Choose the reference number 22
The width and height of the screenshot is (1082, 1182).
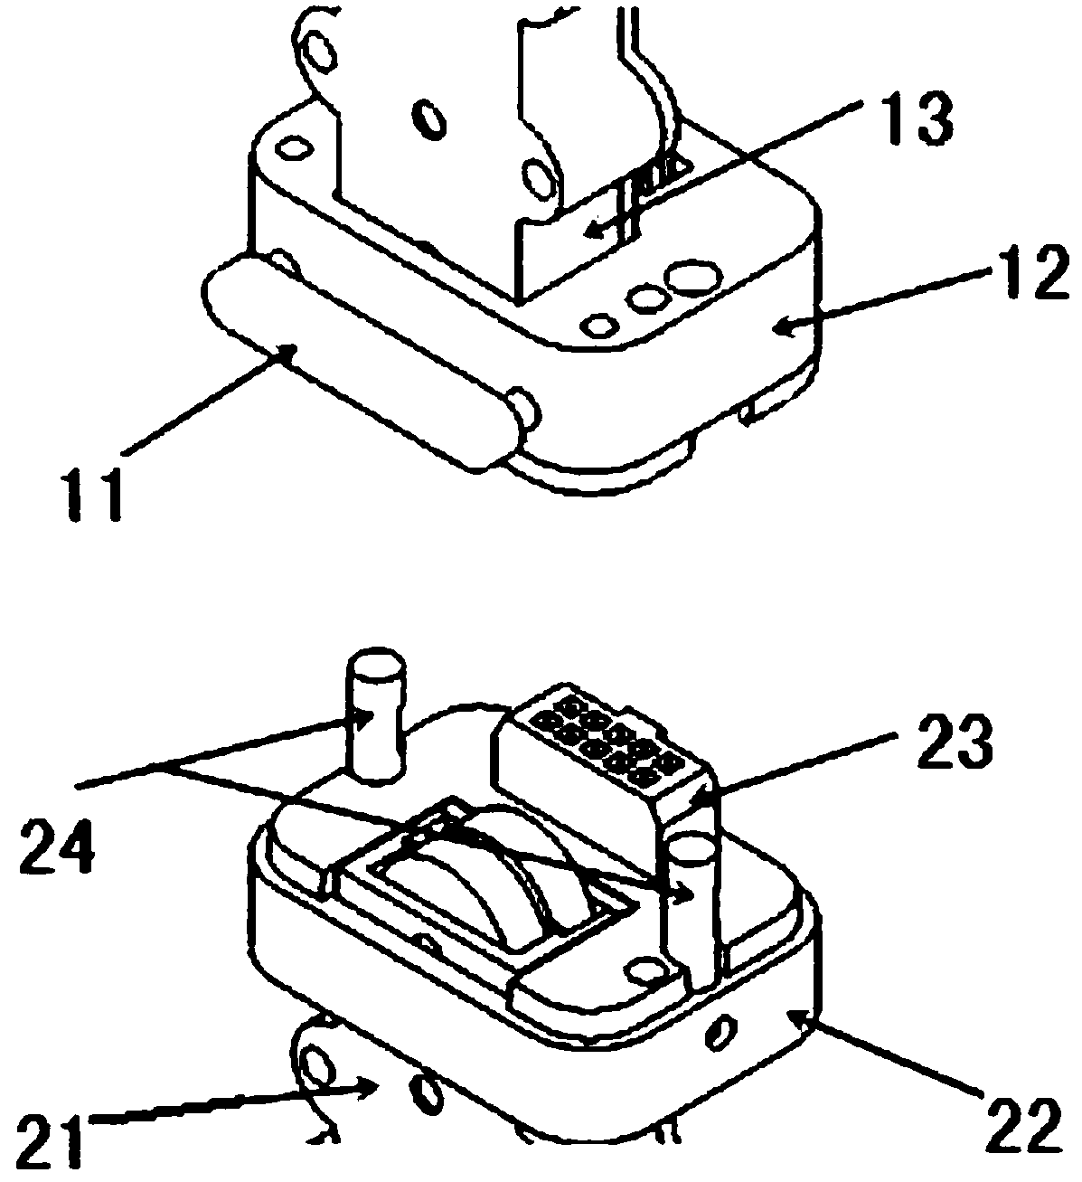coord(1021,1122)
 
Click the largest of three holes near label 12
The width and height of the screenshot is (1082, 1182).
coord(693,277)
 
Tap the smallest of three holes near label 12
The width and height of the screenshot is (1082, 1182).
coord(597,323)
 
